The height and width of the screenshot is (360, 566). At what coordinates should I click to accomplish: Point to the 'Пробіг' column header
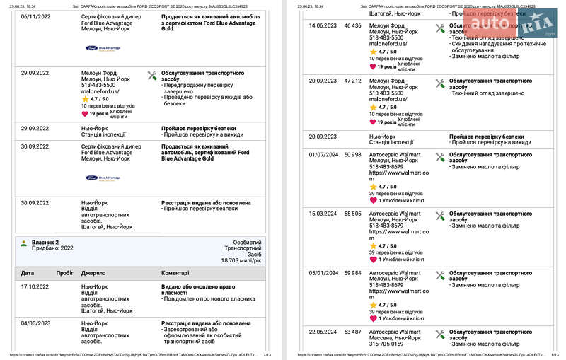click(65, 272)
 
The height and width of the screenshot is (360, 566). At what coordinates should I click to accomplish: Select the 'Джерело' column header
click(93, 272)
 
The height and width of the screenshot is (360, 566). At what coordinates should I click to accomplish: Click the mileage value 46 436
click(352, 25)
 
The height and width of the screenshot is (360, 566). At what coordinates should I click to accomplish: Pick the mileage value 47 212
click(352, 81)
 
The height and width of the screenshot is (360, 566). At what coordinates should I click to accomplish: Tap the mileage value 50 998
click(352, 155)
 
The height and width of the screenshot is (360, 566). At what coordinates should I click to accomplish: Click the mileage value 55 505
click(352, 214)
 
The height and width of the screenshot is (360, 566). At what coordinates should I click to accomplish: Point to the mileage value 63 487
click(352, 332)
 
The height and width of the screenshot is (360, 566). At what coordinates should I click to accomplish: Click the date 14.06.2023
click(323, 25)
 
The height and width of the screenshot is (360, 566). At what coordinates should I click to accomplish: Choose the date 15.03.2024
click(323, 214)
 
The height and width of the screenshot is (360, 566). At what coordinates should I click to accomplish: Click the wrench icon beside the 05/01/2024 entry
click(440, 274)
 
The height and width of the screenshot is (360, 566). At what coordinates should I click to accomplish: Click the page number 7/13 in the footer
click(267, 355)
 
